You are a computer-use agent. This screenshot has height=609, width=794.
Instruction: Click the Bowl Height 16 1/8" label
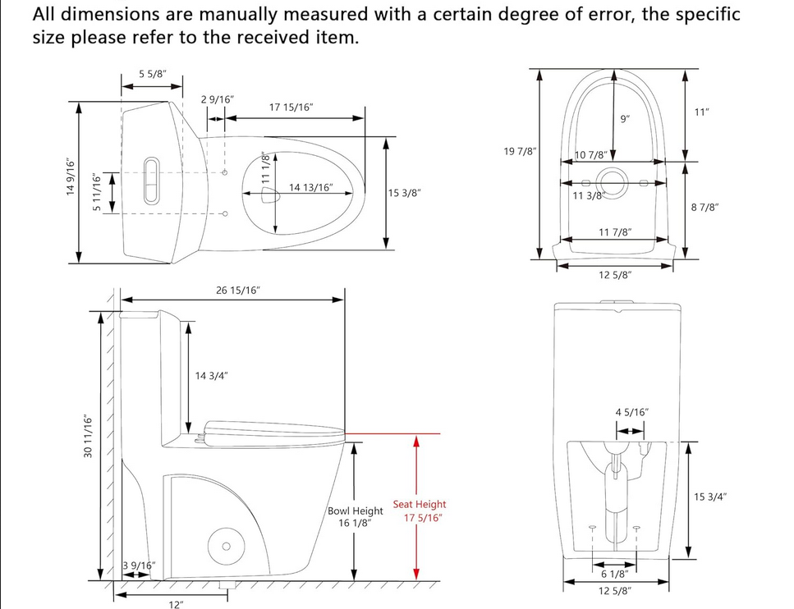356,516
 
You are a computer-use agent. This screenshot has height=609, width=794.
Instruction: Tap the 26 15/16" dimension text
237,291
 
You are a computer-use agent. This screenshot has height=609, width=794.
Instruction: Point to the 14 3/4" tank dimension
211,376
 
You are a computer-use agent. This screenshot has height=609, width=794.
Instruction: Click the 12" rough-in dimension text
176,604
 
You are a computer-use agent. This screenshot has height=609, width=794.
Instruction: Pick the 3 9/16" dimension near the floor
138,565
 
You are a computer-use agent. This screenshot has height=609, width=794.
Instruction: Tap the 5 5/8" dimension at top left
153,74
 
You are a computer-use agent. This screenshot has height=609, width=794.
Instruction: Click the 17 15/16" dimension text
291,108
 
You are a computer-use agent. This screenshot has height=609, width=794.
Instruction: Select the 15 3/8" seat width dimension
405,193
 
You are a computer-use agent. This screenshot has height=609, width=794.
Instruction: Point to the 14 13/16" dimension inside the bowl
310,188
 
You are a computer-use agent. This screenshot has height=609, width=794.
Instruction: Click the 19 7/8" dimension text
521,151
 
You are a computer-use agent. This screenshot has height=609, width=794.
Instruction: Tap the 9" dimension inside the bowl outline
626,120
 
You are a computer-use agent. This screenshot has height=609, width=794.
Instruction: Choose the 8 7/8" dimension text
705,208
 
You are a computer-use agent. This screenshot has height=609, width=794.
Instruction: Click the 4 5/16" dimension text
631,412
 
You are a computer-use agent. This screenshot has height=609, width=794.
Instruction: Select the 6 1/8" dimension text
614,574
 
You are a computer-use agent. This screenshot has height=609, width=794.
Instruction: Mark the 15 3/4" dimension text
710,497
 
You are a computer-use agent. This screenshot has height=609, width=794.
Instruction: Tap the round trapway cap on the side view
223,545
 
